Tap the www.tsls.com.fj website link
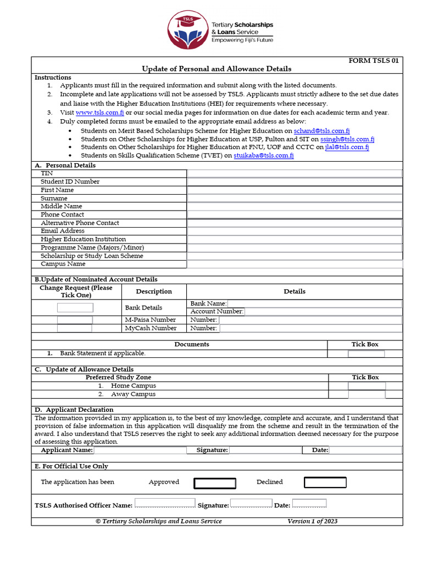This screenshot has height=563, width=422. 99,112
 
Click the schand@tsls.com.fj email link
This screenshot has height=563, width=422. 321,131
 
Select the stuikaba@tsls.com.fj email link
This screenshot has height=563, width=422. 263,156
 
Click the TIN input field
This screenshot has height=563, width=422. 295,173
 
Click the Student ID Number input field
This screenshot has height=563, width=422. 295,181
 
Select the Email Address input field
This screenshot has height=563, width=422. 295,231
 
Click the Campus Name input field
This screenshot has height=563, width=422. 295,264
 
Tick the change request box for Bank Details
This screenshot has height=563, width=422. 75,307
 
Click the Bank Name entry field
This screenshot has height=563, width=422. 314,303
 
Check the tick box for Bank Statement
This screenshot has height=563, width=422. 366,354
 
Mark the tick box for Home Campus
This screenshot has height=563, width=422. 367,386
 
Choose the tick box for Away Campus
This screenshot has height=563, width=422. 367,394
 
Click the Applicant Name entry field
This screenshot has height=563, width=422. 140,450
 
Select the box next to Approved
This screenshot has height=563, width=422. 215,483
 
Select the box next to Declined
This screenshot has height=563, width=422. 325,483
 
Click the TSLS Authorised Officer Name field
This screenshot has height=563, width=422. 165,504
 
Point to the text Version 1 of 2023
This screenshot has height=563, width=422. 312,521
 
